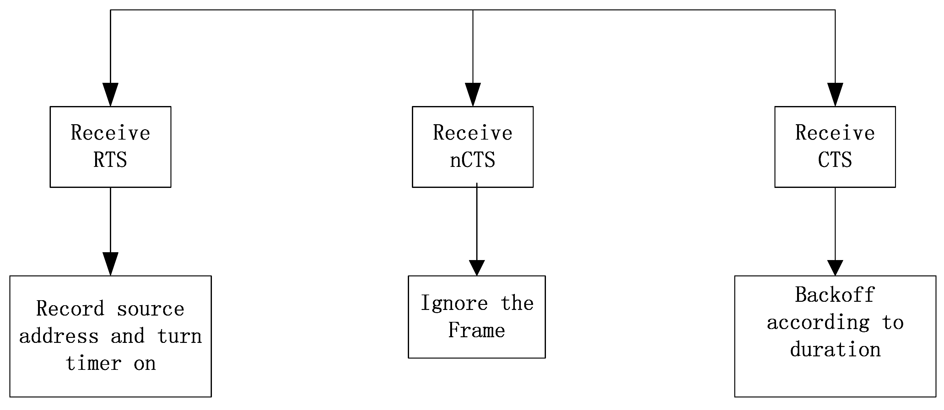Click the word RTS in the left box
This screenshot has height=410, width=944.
click(x=110, y=160)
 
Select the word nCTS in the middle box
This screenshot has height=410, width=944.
click(x=472, y=160)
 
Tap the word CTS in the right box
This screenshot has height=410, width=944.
click(x=835, y=160)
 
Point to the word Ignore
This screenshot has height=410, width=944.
click(x=454, y=303)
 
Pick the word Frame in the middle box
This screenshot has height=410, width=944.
click(x=477, y=330)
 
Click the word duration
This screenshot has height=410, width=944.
click(x=835, y=349)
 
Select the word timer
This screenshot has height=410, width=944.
click(x=94, y=364)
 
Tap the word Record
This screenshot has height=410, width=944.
click(x=70, y=309)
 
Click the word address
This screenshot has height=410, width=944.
click(x=59, y=336)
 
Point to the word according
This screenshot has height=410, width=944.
click(x=818, y=322)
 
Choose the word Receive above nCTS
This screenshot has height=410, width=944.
click(x=472, y=132)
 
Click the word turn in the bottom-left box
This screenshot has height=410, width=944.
click(x=180, y=336)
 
